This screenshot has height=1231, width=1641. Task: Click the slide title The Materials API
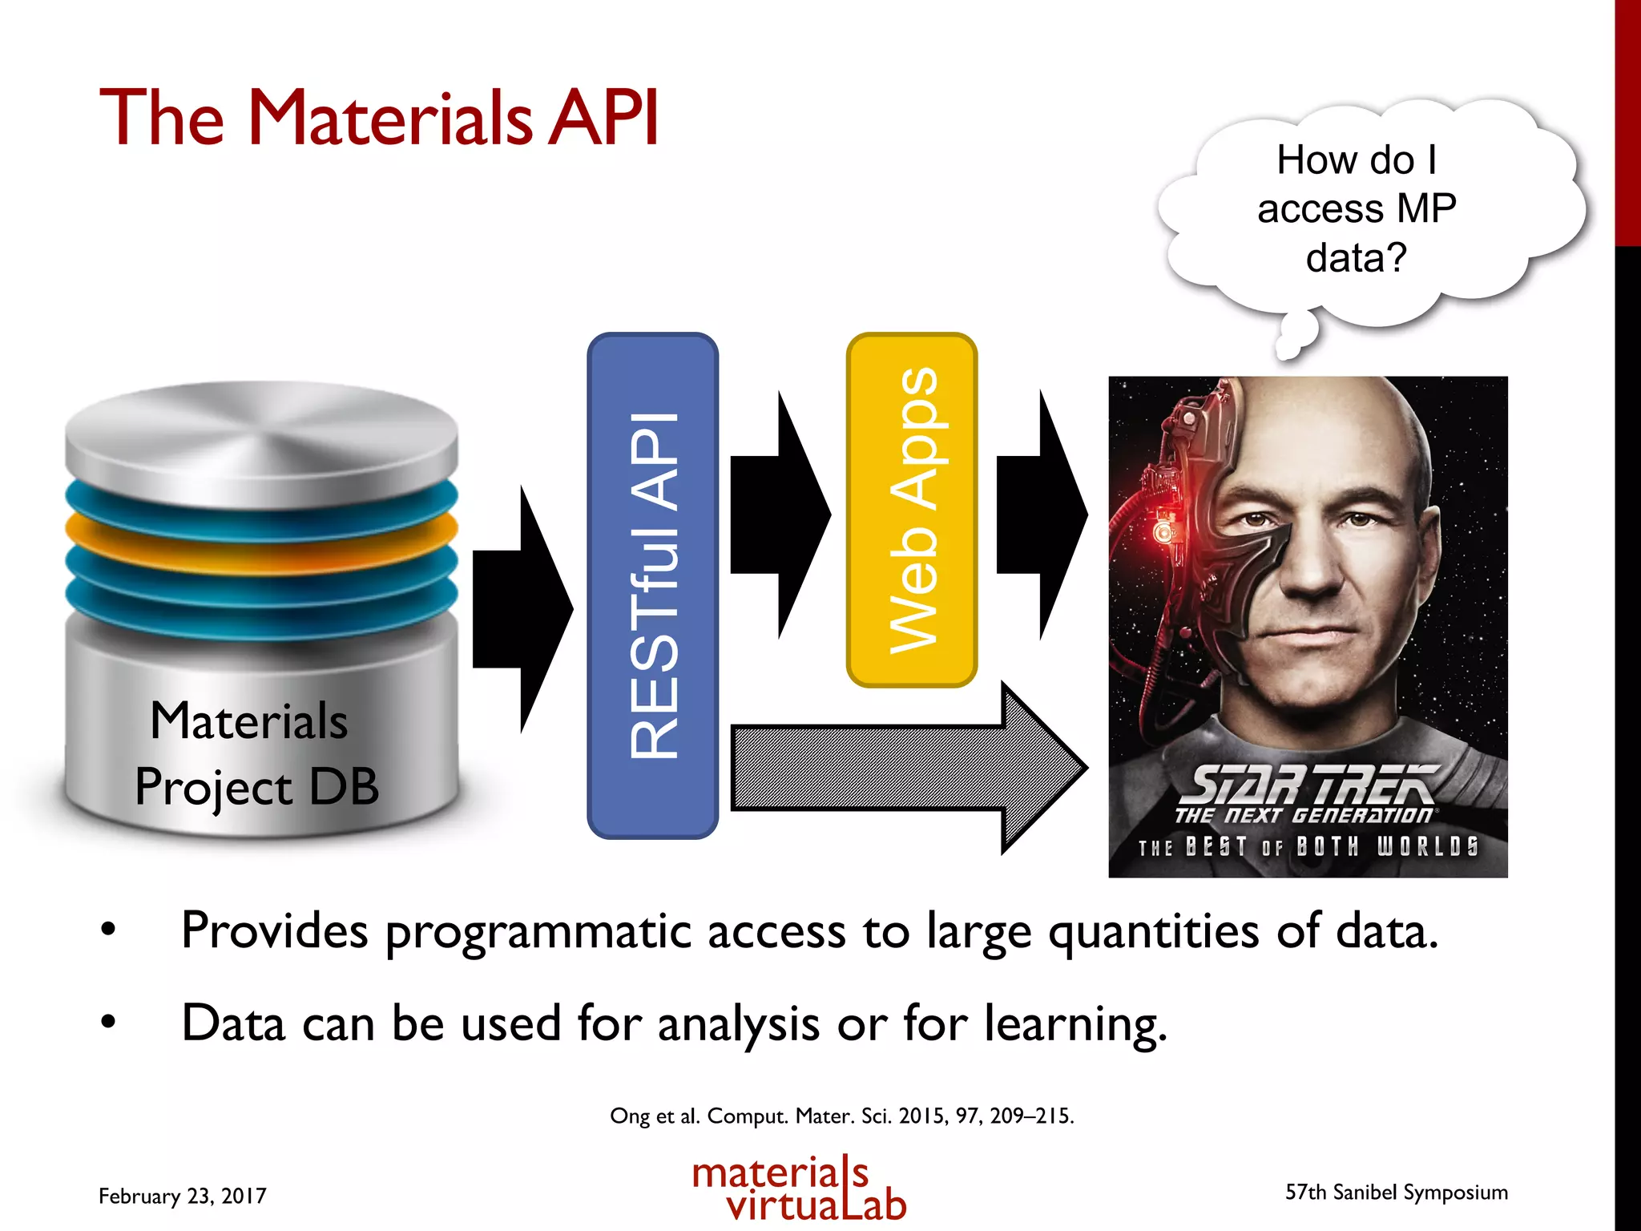(x=378, y=118)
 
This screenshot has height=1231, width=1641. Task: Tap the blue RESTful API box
(x=652, y=586)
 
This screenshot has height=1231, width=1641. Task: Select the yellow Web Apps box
(x=912, y=510)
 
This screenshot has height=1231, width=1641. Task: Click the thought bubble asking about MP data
(x=1362, y=210)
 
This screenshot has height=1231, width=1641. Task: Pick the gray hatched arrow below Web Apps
(x=905, y=768)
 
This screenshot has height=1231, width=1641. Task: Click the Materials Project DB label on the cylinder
(x=255, y=753)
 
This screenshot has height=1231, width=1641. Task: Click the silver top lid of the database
(x=260, y=441)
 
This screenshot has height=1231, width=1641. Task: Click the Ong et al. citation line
(x=841, y=1116)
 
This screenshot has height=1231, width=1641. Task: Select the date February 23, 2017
(x=182, y=1196)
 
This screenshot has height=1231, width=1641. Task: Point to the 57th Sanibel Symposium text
(x=1396, y=1192)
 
